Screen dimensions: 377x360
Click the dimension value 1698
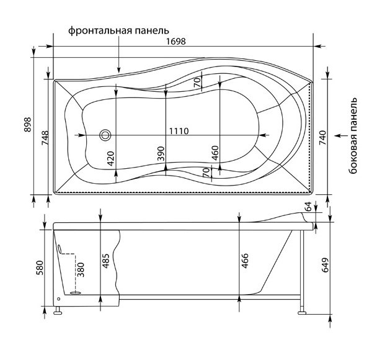[x=176, y=42]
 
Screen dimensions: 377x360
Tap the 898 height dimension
[x=28, y=124]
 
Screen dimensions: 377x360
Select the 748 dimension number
[x=45, y=138]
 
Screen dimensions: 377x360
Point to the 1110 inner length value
[x=179, y=131]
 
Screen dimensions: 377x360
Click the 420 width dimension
[x=110, y=158]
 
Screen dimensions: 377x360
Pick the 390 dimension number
[x=161, y=153]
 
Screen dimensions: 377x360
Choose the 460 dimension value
[x=215, y=153]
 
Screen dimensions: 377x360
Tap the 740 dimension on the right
[x=322, y=138]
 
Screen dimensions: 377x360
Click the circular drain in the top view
[x=105, y=135]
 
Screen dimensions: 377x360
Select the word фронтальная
[x=100, y=31]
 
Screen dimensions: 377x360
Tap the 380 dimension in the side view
[x=81, y=270]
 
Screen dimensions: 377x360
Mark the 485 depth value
[x=105, y=261]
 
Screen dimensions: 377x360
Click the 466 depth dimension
[x=244, y=261]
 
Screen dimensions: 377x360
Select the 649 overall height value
[x=324, y=265]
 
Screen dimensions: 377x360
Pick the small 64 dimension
[x=308, y=206]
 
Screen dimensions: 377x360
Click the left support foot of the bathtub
[x=58, y=310]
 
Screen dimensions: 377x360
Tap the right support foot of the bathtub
[x=302, y=310]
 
